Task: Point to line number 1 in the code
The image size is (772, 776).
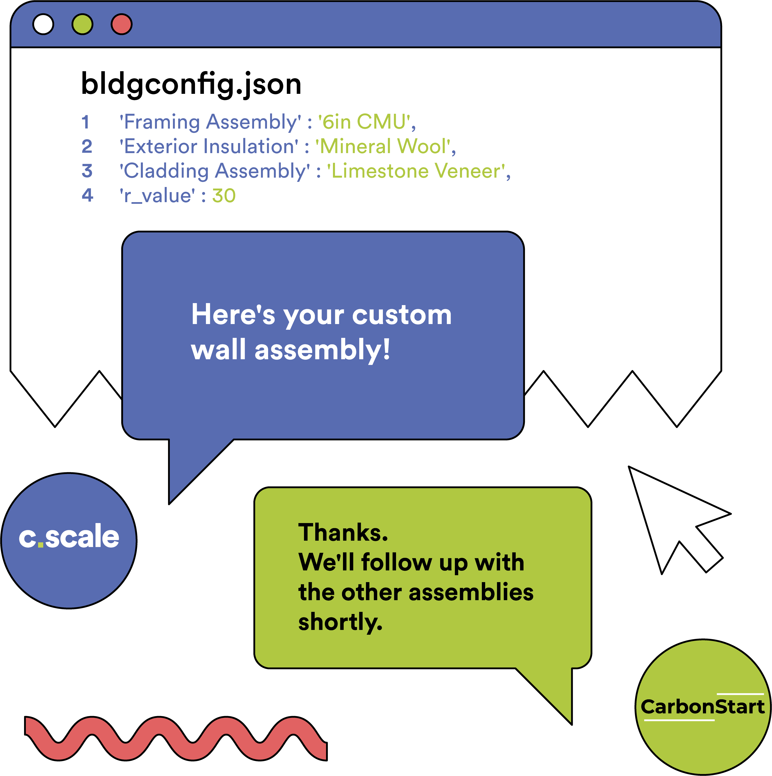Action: pyautogui.click(x=85, y=122)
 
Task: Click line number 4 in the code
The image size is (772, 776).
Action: pyautogui.click(x=87, y=196)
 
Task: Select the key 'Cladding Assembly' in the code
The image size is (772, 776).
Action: pyautogui.click(x=215, y=171)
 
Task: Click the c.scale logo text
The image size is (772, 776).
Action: pyautogui.click(x=69, y=537)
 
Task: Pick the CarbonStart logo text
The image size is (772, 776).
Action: pyautogui.click(x=702, y=706)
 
